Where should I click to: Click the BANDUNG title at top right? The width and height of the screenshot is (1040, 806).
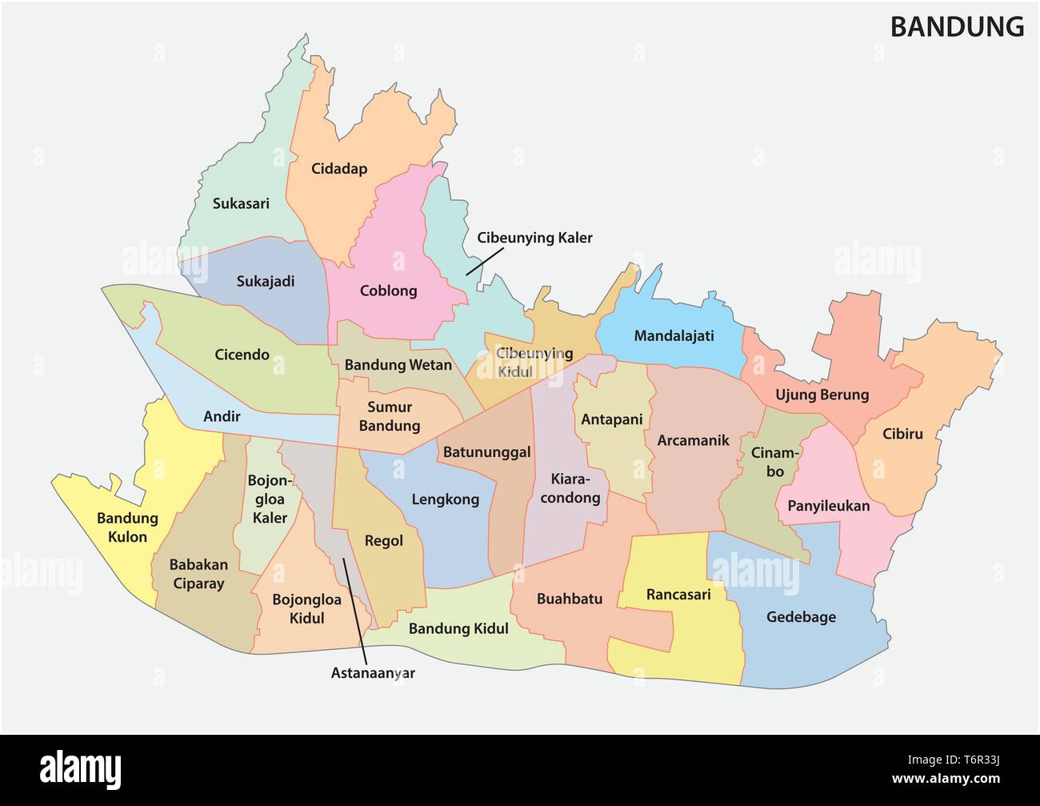[x=957, y=27]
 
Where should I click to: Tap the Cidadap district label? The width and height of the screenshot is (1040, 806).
[x=338, y=169]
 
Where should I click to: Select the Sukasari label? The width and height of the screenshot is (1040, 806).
[x=241, y=203]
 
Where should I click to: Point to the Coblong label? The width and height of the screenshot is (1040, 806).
[x=388, y=291]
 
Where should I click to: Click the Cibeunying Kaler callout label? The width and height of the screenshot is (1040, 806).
[x=534, y=238]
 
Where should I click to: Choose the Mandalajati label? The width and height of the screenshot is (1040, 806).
[x=674, y=335]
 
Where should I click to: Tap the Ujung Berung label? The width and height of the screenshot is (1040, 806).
[x=822, y=395]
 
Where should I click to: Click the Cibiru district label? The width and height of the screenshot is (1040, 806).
[x=902, y=435]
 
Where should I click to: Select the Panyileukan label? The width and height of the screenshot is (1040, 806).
[x=828, y=506]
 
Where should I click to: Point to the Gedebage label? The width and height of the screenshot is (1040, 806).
[x=801, y=617]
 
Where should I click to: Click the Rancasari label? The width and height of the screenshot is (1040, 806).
[x=678, y=595]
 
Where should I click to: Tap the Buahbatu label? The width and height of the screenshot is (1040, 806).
[x=570, y=599]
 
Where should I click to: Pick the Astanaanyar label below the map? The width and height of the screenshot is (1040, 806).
[x=373, y=673]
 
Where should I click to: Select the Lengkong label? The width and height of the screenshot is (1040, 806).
[x=445, y=499]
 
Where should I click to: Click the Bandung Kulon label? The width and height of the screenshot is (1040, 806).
[x=127, y=527]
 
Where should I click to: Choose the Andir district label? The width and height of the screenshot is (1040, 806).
[x=222, y=416]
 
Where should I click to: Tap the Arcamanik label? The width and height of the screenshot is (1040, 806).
[x=693, y=440]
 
